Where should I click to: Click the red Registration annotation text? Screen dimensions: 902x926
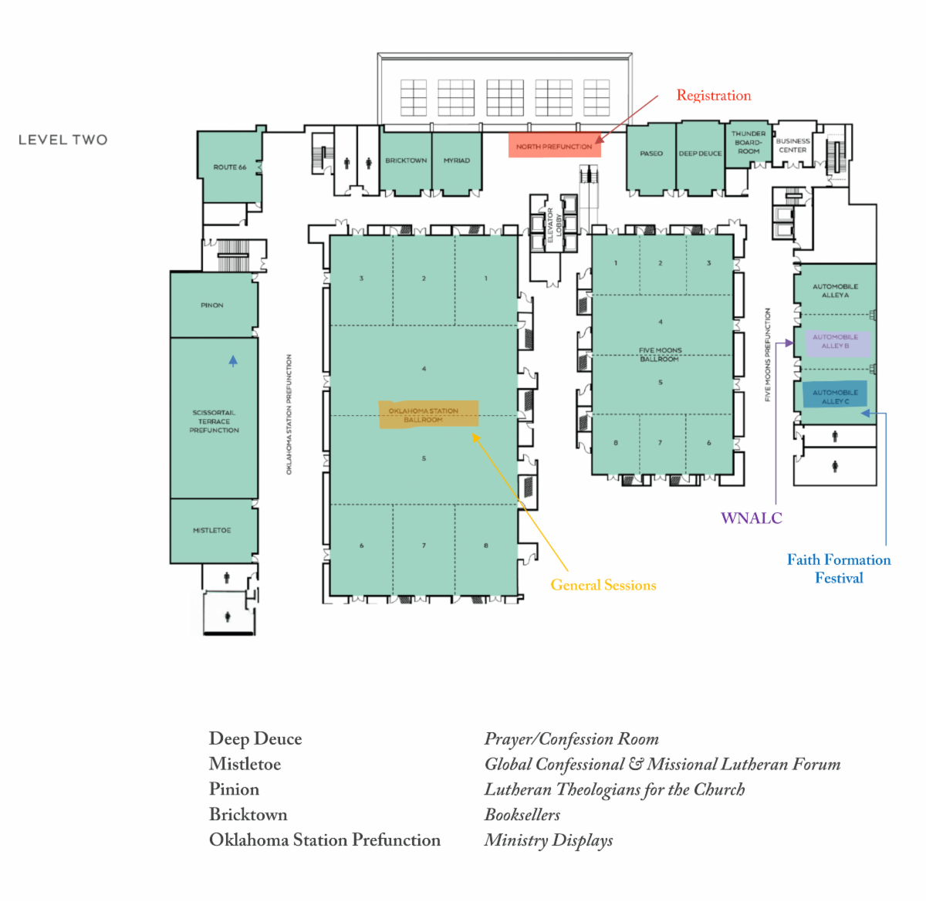pyautogui.click(x=713, y=96)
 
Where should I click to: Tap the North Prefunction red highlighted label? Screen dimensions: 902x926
pyautogui.click(x=554, y=147)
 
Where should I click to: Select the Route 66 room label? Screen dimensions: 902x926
pyautogui.click(x=230, y=167)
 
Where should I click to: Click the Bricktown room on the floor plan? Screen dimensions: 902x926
pyautogui.click(x=406, y=160)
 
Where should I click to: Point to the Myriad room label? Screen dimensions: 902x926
pyautogui.click(x=456, y=160)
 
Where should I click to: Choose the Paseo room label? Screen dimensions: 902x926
pyautogui.click(x=651, y=154)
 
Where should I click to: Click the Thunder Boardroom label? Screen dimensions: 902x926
pyautogui.click(x=749, y=142)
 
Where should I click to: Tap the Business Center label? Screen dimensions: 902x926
pyautogui.click(x=793, y=145)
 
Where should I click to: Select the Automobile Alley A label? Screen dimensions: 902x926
pyautogui.click(x=835, y=291)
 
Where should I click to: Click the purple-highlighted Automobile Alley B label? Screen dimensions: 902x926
pyautogui.click(x=835, y=342)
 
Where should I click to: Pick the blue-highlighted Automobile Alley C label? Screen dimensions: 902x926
pyautogui.click(x=835, y=397)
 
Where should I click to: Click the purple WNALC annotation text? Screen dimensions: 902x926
pyautogui.click(x=751, y=519)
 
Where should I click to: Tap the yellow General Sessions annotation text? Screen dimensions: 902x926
pyautogui.click(x=603, y=586)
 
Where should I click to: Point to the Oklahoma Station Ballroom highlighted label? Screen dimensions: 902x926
pyautogui.click(x=424, y=415)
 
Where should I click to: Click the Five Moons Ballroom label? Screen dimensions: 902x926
pyautogui.click(x=659, y=354)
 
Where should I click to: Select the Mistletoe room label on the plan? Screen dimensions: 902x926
pyautogui.click(x=212, y=531)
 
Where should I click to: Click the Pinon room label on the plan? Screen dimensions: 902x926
pyautogui.click(x=212, y=306)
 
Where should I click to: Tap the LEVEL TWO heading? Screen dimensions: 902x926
pyautogui.click(x=63, y=140)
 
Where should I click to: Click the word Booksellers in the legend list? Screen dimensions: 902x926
pyautogui.click(x=522, y=815)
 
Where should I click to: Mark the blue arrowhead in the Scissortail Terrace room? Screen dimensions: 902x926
pyautogui.click(x=233, y=360)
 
